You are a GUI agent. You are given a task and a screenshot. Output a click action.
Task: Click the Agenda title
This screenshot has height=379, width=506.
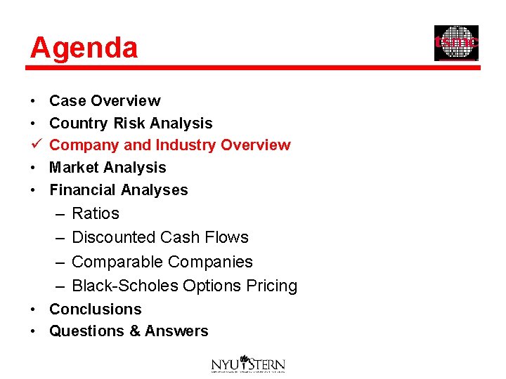84,48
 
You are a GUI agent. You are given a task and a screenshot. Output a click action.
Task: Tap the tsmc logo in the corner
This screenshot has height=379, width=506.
456,43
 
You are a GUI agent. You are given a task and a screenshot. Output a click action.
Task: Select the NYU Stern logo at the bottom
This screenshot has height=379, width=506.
248,364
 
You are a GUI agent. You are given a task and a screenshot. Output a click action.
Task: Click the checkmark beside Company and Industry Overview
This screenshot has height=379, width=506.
34,145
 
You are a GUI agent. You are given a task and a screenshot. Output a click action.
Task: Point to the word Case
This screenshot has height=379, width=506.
67,101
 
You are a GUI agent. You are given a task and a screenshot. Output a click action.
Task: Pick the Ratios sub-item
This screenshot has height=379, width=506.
96,213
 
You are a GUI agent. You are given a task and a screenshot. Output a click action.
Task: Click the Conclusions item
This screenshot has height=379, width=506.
95,310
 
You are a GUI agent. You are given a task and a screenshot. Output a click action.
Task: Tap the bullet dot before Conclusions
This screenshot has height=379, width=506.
34,310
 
